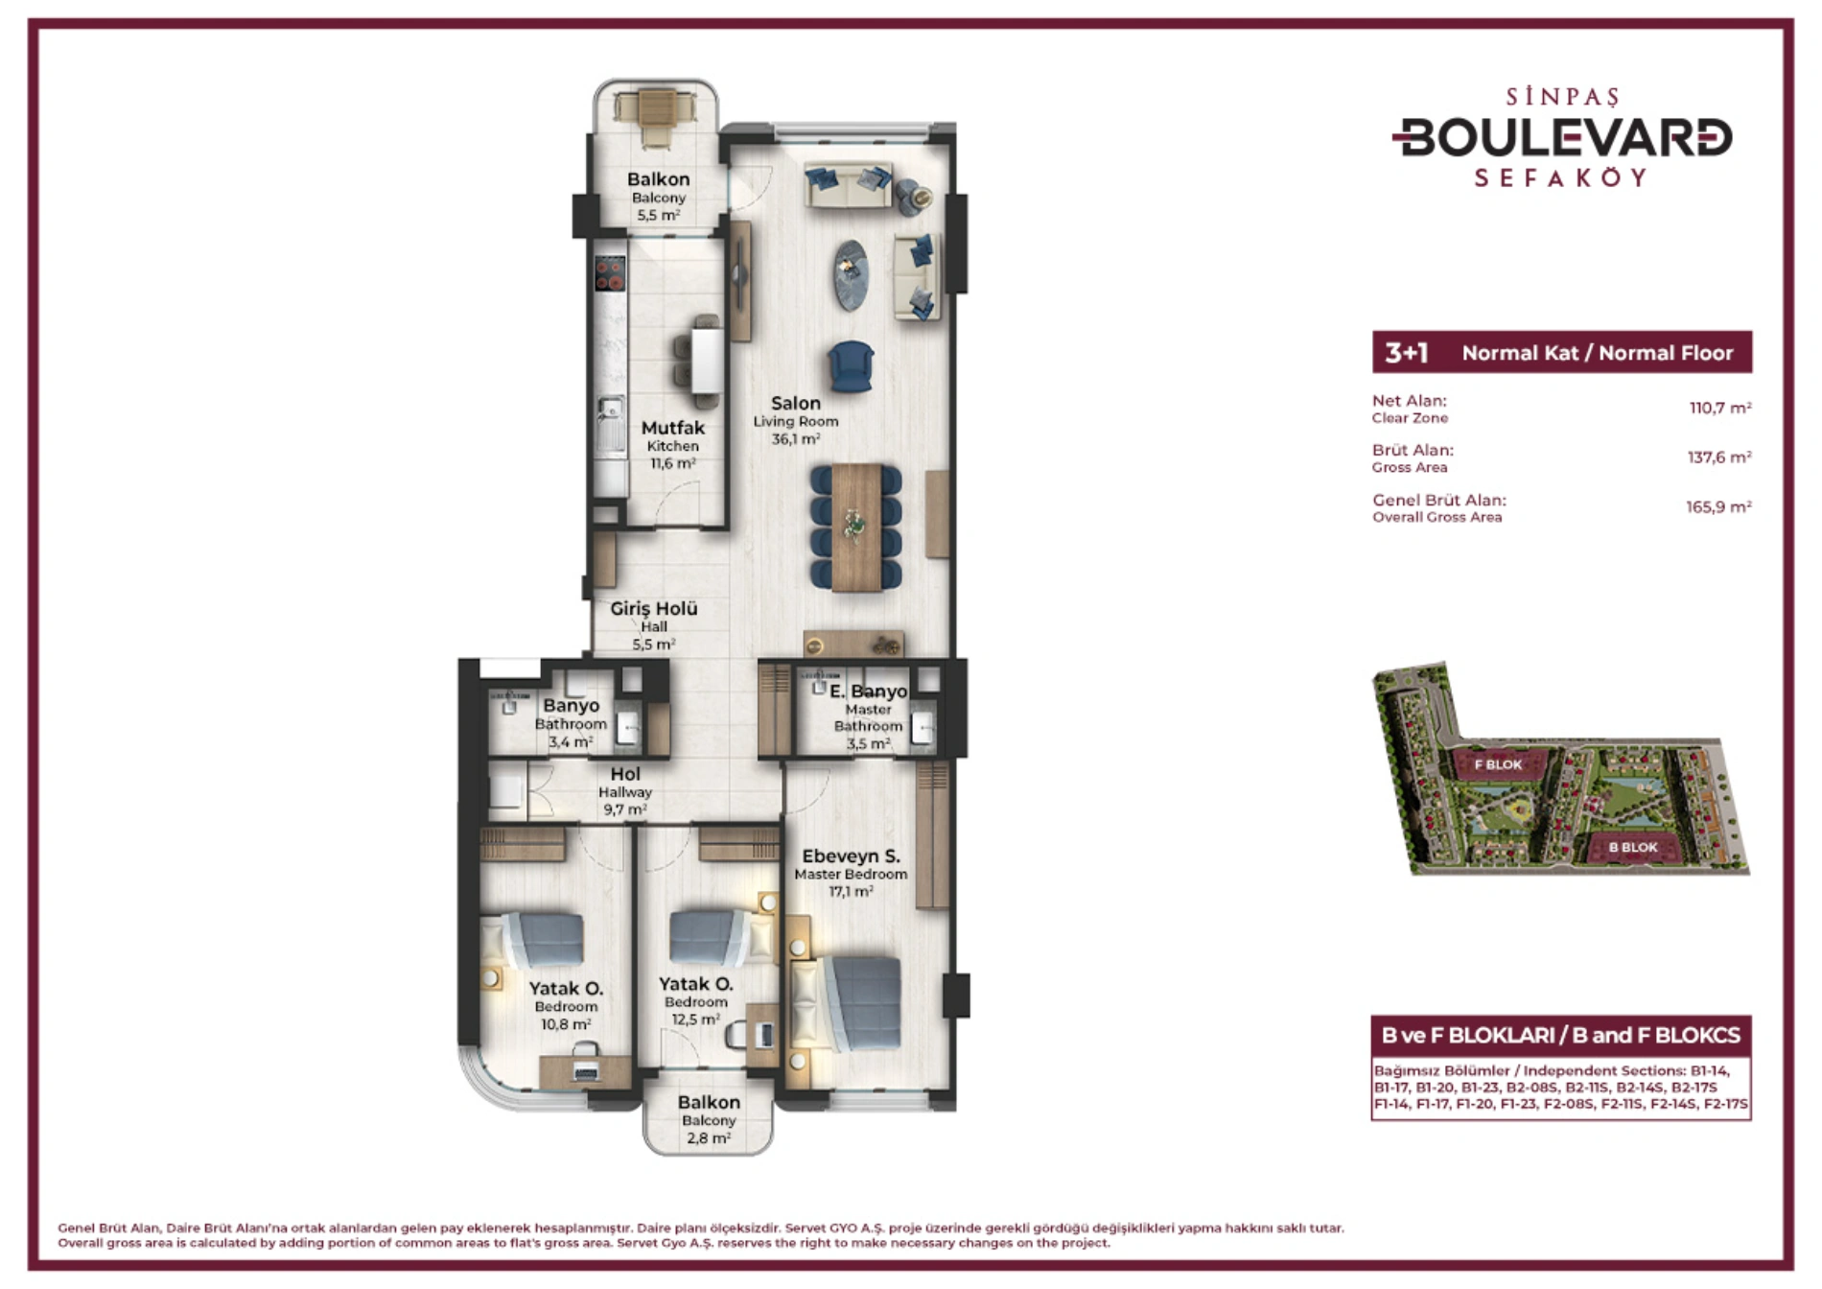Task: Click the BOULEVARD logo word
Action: coord(1562,137)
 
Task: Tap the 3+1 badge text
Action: coord(1406,353)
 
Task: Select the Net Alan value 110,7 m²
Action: coord(1720,408)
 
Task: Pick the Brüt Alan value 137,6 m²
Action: coord(1719,457)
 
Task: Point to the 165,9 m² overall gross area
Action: coord(1719,507)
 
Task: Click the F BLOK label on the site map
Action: coord(1498,764)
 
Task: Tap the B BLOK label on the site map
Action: coord(1633,847)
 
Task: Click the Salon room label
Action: coord(796,404)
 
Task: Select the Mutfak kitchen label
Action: coord(673,428)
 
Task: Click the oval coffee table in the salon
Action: coord(851,275)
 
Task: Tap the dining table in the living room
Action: coord(856,527)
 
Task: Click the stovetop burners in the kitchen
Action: coord(610,273)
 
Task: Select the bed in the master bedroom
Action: coord(845,1003)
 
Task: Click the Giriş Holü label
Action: coord(654,608)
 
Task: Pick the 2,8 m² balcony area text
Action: coord(709,1138)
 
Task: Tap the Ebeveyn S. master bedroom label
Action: coord(851,856)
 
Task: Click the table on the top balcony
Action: coord(657,107)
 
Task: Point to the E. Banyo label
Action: coord(868,691)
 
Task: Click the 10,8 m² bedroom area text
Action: coord(566,1024)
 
